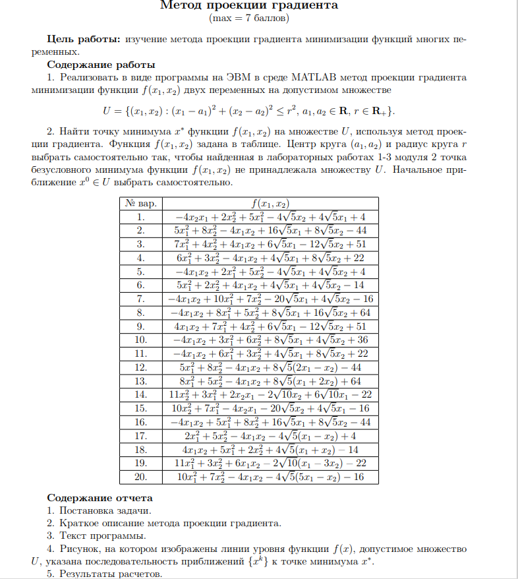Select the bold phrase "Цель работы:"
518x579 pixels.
coord(82,40)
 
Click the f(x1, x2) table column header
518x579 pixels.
coord(271,203)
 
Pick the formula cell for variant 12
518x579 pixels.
coord(271,367)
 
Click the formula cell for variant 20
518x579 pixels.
coord(271,477)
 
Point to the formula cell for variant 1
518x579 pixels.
coord(271,216)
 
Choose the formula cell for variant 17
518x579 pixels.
coord(271,436)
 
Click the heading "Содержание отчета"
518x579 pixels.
coord(100,498)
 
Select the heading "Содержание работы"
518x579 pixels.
coord(101,65)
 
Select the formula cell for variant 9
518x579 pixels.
coord(271,326)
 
